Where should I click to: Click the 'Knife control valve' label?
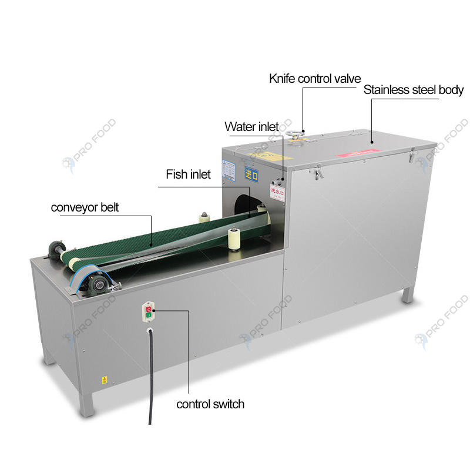pyautogui.click(x=315, y=78)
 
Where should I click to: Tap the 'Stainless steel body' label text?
pyautogui.click(x=413, y=90)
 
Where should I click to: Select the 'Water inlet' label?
pyautogui.click(x=251, y=127)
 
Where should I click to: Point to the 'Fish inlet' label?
pyautogui.click(x=188, y=174)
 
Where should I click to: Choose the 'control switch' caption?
pyautogui.click(x=210, y=404)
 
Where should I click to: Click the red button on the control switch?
pyautogui.click(x=149, y=308)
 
